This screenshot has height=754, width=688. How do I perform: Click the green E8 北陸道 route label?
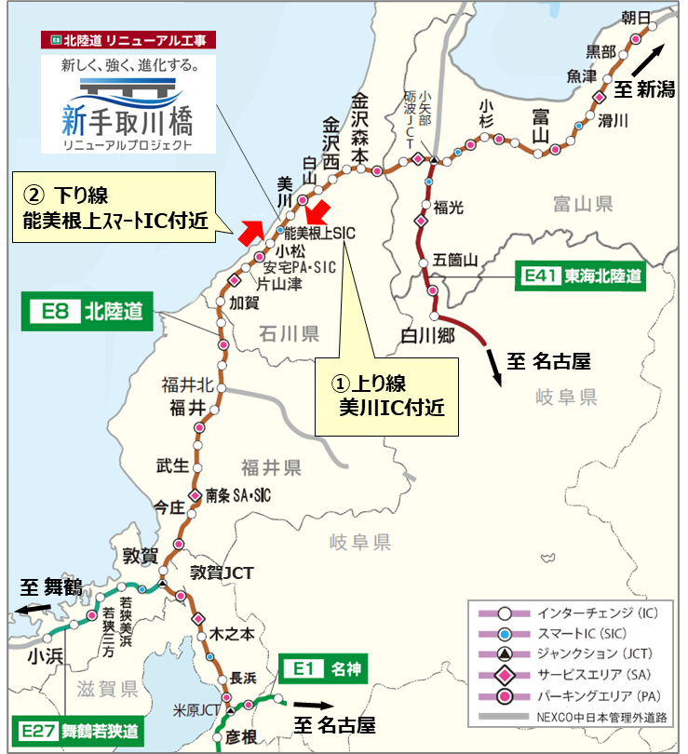86,312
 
